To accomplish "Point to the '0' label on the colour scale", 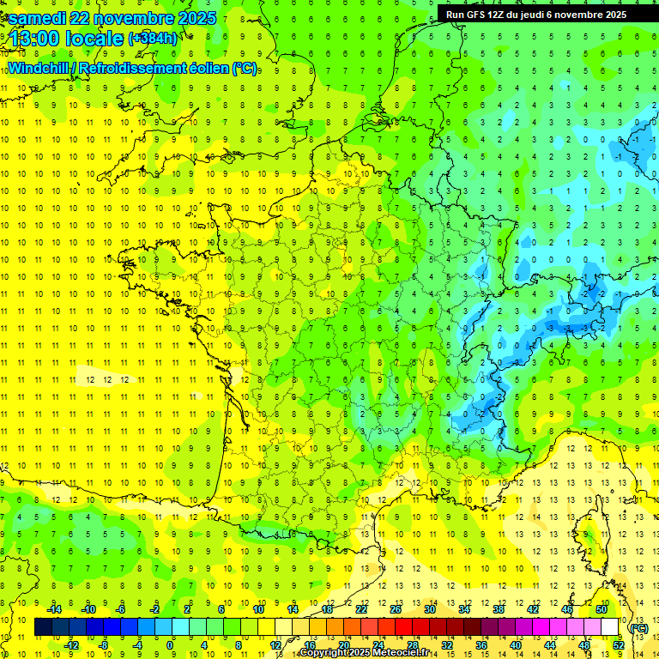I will (x=170, y=645).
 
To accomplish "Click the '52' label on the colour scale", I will (x=619, y=645).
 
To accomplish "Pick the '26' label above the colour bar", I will (x=395, y=608).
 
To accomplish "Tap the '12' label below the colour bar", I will (x=275, y=645).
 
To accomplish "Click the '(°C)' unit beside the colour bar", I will (x=638, y=627).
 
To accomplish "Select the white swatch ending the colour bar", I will (x=610, y=627).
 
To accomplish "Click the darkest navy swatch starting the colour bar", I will (x=44, y=627).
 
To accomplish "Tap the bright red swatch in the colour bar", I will (x=404, y=627).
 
